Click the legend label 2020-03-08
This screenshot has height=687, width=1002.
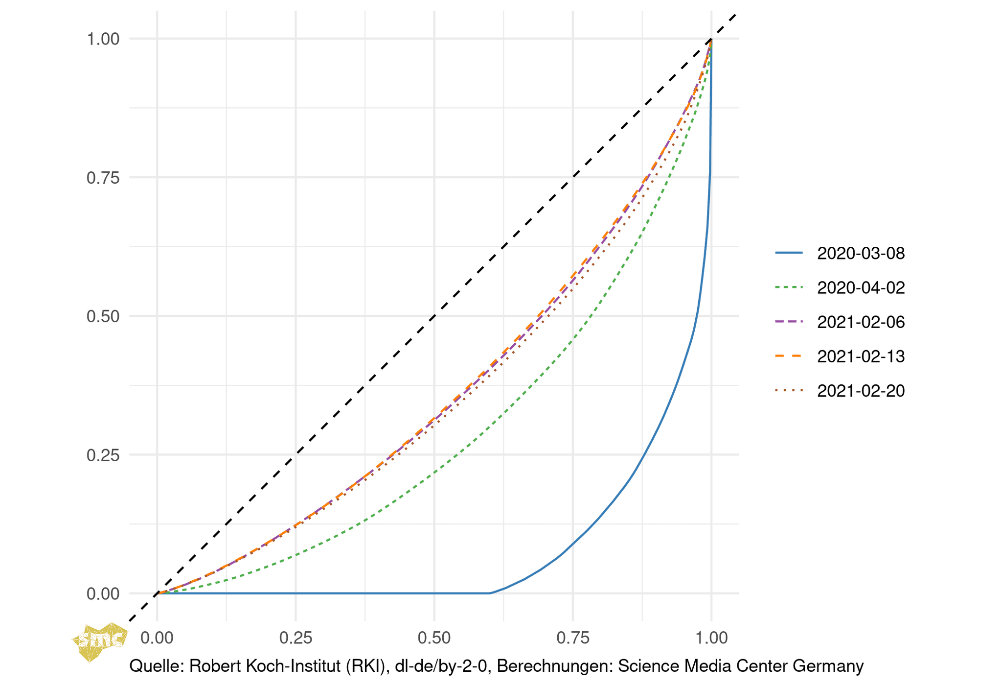click(861, 253)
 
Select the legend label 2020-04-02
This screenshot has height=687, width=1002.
click(861, 287)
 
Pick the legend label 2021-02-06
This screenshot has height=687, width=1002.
click(861, 322)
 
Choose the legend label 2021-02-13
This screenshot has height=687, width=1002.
click(861, 356)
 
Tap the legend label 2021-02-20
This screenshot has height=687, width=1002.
click(861, 390)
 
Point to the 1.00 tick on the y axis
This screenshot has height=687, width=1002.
click(103, 39)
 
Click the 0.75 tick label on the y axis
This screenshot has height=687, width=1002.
click(103, 178)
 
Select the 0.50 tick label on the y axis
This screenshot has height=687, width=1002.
click(103, 316)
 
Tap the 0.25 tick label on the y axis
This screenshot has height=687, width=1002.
click(103, 455)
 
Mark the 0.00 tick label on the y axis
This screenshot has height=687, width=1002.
click(103, 594)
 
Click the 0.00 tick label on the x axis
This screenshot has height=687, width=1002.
click(157, 638)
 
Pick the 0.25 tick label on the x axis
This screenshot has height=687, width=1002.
click(296, 638)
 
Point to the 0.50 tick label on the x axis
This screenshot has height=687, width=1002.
click(434, 638)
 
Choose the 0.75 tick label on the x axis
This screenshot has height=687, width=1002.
click(573, 638)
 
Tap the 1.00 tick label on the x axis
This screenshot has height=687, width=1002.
click(711, 638)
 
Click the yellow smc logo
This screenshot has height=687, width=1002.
click(100, 640)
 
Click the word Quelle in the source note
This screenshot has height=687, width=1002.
click(156, 666)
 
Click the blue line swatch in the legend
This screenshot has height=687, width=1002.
click(789, 253)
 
